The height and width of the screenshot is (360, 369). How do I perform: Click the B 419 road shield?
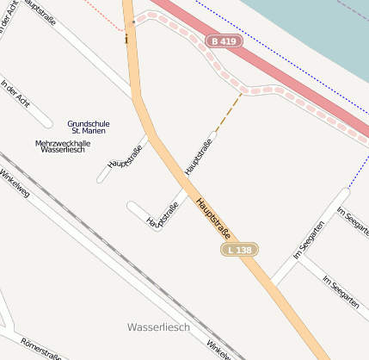pyautogui.click(x=225, y=40)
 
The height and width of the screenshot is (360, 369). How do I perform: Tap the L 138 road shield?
pyautogui.click(x=239, y=249)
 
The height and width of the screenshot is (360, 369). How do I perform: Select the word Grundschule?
pyautogui.click(x=87, y=123)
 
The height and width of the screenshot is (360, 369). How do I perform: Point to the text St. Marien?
pyautogui.click(x=89, y=131)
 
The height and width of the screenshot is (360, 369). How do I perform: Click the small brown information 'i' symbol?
pyautogui.click(x=127, y=38)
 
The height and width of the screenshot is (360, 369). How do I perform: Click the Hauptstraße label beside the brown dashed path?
pyautogui.click(x=199, y=155)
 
